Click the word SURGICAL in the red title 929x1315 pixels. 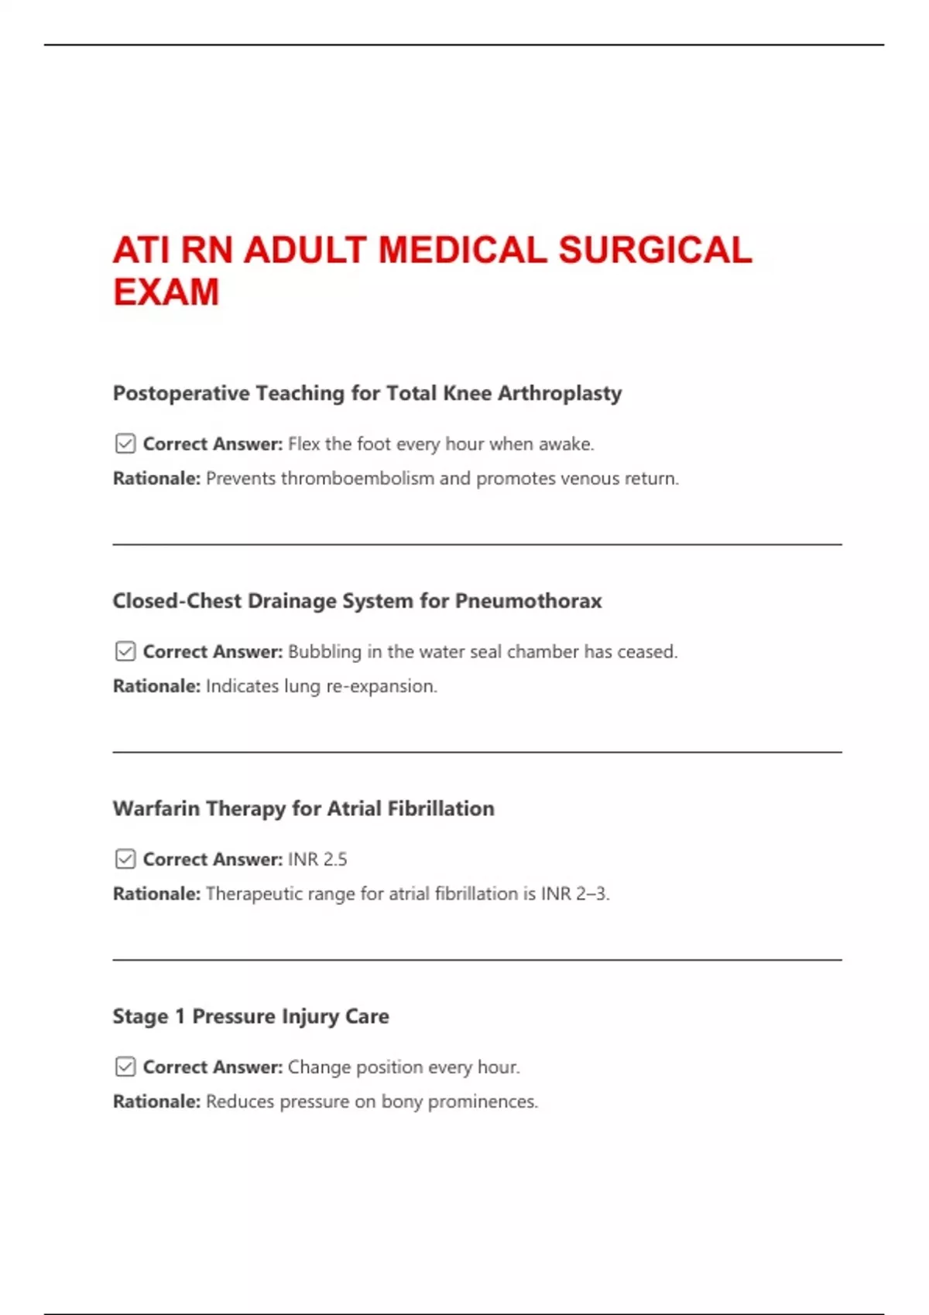point(655,251)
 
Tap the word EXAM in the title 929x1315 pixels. point(166,292)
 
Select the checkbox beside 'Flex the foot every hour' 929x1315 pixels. point(125,444)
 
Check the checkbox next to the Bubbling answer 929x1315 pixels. point(125,651)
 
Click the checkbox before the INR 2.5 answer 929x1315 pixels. point(125,859)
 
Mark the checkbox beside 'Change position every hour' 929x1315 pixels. point(125,1067)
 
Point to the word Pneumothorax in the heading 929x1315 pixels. point(528,601)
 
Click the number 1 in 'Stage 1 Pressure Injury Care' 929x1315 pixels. point(180,1016)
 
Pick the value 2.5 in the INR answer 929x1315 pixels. point(335,859)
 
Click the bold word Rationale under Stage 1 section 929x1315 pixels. point(156,1102)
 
